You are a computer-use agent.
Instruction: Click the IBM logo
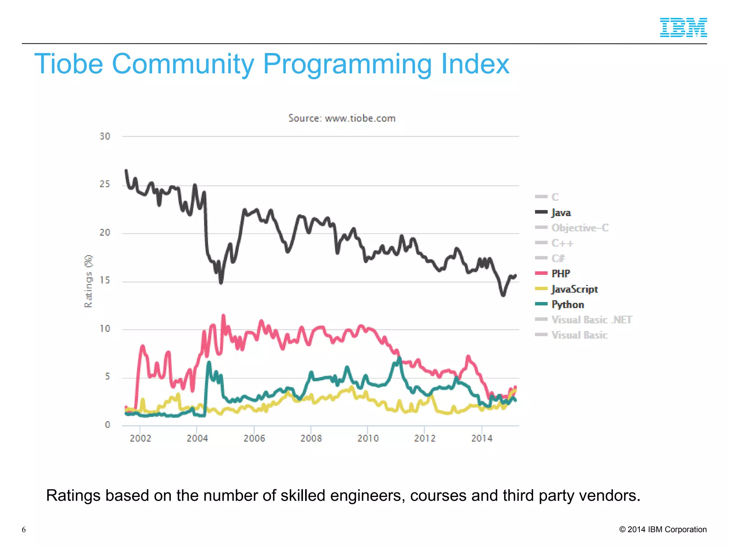pyautogui.click(x=683, y=27)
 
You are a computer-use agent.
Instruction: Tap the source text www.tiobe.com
pyautogui.click(x=360, y=118)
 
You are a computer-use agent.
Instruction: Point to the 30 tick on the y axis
pyautogui.click(x=105, y=136)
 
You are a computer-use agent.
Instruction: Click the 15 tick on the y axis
pyautogui.click(x=105, y=280)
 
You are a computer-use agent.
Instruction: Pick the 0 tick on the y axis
pyautogui.click(x=107, y=425)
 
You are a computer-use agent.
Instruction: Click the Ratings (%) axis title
pyautogui.click(x=88, y=281)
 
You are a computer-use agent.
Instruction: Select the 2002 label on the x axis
pyautogui.click(x=140, y=438)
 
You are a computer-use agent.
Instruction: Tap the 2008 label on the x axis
pyautogui.click(x=311, y=438)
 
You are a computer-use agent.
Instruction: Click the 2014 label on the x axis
pyautogui.click(x=482, y=438)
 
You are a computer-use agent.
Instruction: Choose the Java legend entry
pyautogui.click(x=561, y=213)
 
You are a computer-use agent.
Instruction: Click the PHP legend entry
pyautogui.click(x=561, y=274)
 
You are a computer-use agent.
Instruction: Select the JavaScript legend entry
pyautogui.click(x=574, y=289)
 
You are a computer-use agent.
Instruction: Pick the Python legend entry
pyautogui.click(x=567, y=305)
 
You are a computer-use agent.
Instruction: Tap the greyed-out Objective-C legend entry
pyautogui.click(x=579, y=228)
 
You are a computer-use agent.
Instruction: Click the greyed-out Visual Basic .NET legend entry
pyautogui.click(x=591, y=320)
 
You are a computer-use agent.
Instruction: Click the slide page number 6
pyautogui.click(x=24, y=530)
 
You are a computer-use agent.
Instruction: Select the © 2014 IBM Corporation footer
pyautogui.click(x=663, y=529)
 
